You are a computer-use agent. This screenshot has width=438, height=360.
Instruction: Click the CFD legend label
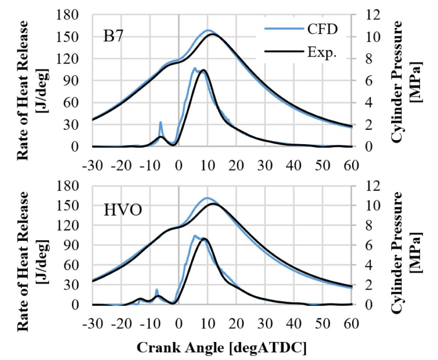[322, 29]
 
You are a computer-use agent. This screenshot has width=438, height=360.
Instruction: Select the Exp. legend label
[322, 52]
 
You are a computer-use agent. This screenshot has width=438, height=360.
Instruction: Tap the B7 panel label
[113, 36]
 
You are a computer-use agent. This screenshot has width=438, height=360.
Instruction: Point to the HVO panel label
[123, 210]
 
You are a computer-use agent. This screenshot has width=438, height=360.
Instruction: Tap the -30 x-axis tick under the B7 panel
[92, 166]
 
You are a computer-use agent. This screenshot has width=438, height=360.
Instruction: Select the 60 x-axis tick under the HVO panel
[351, 324]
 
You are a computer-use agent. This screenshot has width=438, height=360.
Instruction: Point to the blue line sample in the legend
[284, 28]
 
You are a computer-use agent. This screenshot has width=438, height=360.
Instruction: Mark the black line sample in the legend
[284, 51]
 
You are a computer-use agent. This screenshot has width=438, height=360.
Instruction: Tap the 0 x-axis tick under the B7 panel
[179, 166]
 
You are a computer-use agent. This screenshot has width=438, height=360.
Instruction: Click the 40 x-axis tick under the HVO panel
[293, 324]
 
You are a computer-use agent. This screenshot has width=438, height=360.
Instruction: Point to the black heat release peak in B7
[203, 70]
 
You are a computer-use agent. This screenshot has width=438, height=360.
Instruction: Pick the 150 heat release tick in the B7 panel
[67, 37]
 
